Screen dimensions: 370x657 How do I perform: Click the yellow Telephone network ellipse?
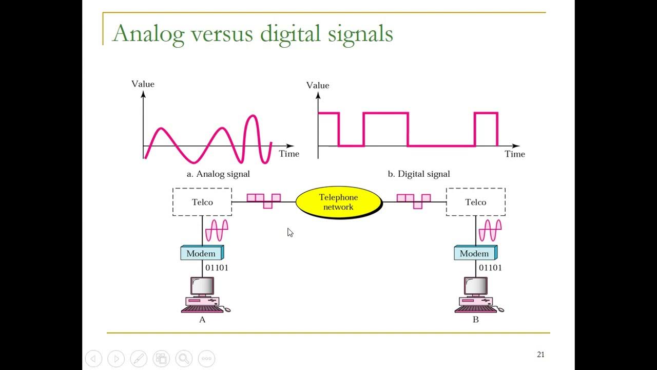click(338, 202)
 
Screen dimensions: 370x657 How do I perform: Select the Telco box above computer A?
click(202, 202)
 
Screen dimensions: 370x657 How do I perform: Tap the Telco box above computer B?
click(476, 202)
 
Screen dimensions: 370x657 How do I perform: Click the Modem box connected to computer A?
click(202, 253)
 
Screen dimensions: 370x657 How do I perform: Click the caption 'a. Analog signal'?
click(218, 174)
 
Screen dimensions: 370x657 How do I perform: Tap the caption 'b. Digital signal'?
click(419, 174)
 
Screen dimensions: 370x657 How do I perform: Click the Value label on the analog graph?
click(143, 84)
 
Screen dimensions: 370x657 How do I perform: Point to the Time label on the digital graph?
click(515, 154)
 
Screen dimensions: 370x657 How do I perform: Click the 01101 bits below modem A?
click(217, 268)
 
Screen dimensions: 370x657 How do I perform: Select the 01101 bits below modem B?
click(490, 268)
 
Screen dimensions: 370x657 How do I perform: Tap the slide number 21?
click(540, 355)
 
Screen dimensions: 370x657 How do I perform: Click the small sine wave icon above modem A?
click(217, 230)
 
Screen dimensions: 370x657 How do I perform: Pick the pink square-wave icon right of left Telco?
click(264, 200)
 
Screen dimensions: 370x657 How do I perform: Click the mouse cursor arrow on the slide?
click(290, 232)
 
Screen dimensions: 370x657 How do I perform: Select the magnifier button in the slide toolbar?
click(184, 358)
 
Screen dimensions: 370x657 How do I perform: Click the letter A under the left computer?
click(202, 320)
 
